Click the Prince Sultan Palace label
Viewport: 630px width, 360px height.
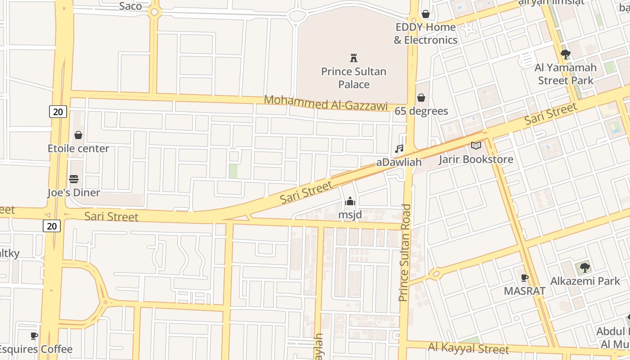click(354, 78)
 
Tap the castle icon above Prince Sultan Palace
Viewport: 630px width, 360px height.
click(354, 58)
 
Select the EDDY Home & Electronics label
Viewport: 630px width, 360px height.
click(426, 34)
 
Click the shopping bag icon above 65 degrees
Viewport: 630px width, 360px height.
click(421, 98)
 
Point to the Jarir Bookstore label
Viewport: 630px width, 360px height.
click(476, 159)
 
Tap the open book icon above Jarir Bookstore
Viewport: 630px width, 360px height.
click(476, 145)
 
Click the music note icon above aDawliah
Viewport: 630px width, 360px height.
click(399, 149)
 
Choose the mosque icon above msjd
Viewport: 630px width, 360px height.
click(350, 201)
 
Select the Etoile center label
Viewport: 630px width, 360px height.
click(78, 148)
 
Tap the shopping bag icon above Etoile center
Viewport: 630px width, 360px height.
click(78, 135)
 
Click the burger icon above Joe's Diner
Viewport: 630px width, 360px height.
click(74, 179)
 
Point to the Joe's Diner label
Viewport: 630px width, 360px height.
click(74, 193)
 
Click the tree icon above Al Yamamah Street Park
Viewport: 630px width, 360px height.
click(566, 55)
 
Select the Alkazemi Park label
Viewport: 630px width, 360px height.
click(585, 281)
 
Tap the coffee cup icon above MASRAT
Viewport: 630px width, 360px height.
click(524, 278)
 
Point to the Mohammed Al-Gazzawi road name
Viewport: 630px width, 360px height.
click(325, 103)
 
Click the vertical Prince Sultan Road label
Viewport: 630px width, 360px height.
click(405, 252)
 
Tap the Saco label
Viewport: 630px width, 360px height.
click(130, 6)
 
